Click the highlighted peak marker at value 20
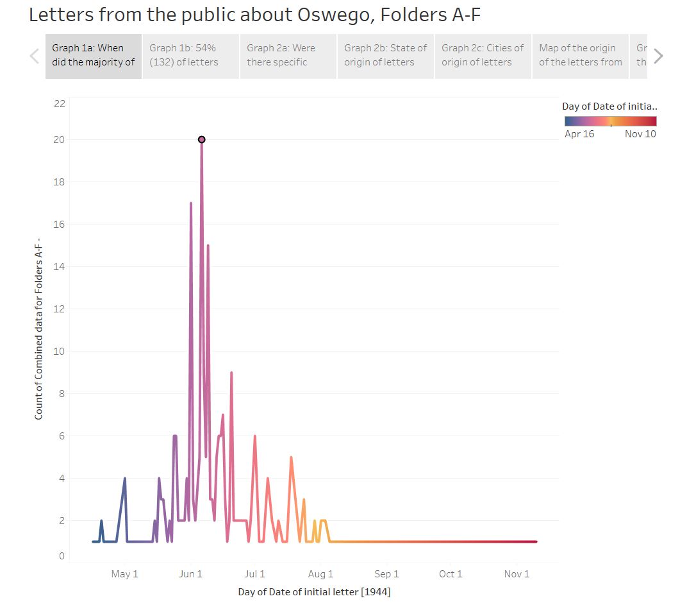click(x=201, y=139)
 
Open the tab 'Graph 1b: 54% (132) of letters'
click(x=191, y=56)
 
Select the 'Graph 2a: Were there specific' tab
click(x=288, y=56)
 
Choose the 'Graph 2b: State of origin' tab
click(x=386, y=56)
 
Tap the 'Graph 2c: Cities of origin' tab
click(x=483, y=56)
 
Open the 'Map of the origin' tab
click(x=580, y=56)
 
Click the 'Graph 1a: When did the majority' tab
click(x=94, y=56)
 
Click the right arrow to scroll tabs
click(x=658, y=56)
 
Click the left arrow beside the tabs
click(x=35, y=56)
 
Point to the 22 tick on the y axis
click(x=59, y=103)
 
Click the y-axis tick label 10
click(x=59, y=352)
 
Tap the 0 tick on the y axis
click(x=62, y=556)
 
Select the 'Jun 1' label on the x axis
click(x=191, y=574)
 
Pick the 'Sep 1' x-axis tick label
click(x=387, y=574)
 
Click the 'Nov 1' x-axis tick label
click(x=517, y=574)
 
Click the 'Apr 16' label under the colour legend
click(x=579, y=134)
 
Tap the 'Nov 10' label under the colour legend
click(x=640, y=134)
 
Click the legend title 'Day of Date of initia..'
click(x=609, y=106)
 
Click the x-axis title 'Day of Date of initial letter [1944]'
click(x=314, y=591)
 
